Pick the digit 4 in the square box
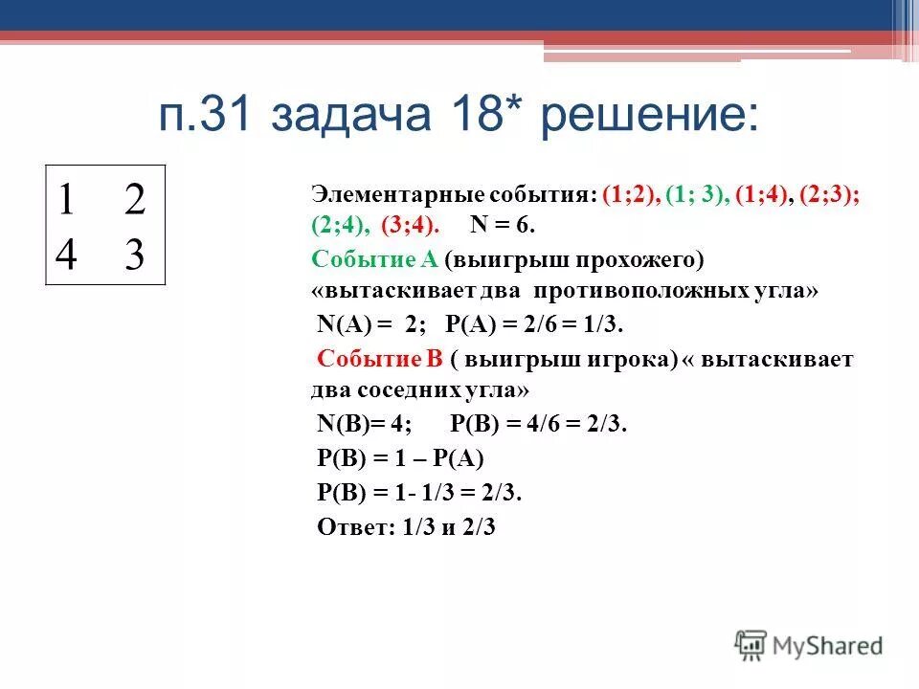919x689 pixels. click(67, 255)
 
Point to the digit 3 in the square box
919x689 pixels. click(134, 255)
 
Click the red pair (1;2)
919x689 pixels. click(632, 195)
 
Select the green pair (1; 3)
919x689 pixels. click(696, 195)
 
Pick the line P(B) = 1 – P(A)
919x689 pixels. click(401, 458)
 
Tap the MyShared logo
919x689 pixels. click(809, 645)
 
